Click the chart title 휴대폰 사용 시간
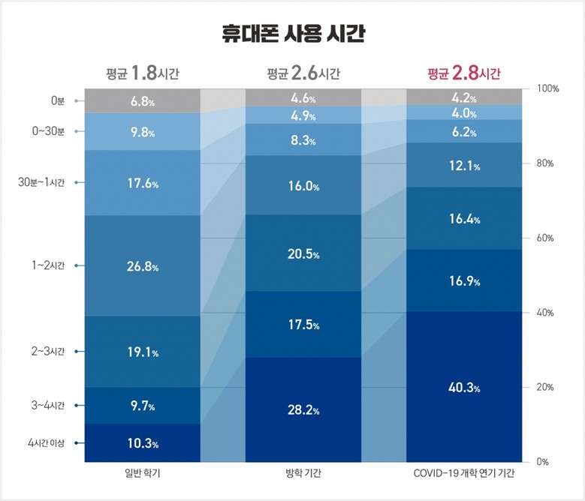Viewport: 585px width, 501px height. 293,34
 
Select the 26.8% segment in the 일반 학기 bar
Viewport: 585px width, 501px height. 143,265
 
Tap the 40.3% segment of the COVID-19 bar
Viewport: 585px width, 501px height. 464,387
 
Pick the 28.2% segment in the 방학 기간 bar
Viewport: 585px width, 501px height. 303,409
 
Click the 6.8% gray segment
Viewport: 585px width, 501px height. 143,101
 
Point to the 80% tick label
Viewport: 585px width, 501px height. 545,163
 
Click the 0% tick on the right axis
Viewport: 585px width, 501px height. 542,462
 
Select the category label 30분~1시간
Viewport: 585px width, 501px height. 41,182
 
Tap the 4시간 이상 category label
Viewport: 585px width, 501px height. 47,443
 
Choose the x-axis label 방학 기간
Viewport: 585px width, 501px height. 303,473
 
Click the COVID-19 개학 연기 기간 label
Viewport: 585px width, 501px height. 464,473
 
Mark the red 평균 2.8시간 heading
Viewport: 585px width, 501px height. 464,73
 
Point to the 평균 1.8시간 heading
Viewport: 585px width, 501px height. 143,73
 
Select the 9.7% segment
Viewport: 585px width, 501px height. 143,406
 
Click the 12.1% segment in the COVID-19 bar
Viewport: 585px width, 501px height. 464,165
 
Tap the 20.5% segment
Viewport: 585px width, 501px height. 303,253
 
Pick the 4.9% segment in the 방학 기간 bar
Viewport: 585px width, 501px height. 303,115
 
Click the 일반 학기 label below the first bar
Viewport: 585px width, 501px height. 143,473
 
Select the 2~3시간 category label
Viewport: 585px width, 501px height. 48,351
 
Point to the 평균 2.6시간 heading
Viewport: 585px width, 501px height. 303,73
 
